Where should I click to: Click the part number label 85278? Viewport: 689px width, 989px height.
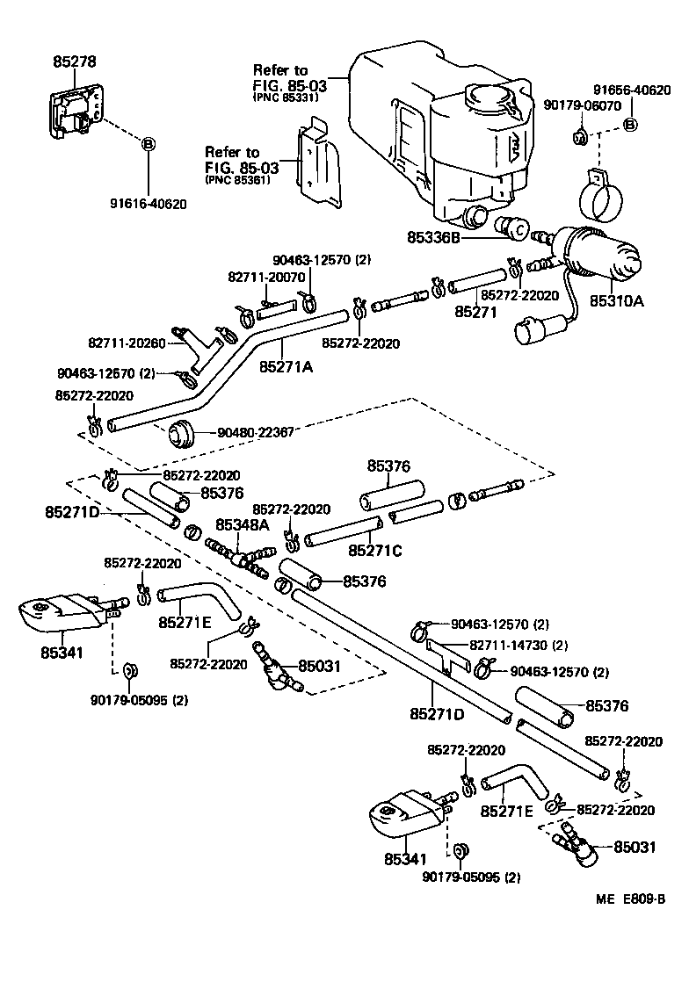[x=75, y=61]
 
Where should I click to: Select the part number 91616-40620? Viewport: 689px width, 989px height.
[x=148, y=204]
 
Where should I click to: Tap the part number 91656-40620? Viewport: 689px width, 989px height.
[x=631, y=90]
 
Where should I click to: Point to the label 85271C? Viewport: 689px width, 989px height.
[x=375, y=551]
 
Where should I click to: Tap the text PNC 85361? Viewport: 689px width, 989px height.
[x=236, y=179]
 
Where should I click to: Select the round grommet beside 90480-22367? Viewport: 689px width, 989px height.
[x=180, y=432]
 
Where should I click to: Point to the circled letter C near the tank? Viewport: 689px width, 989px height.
[x=519, y=230]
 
